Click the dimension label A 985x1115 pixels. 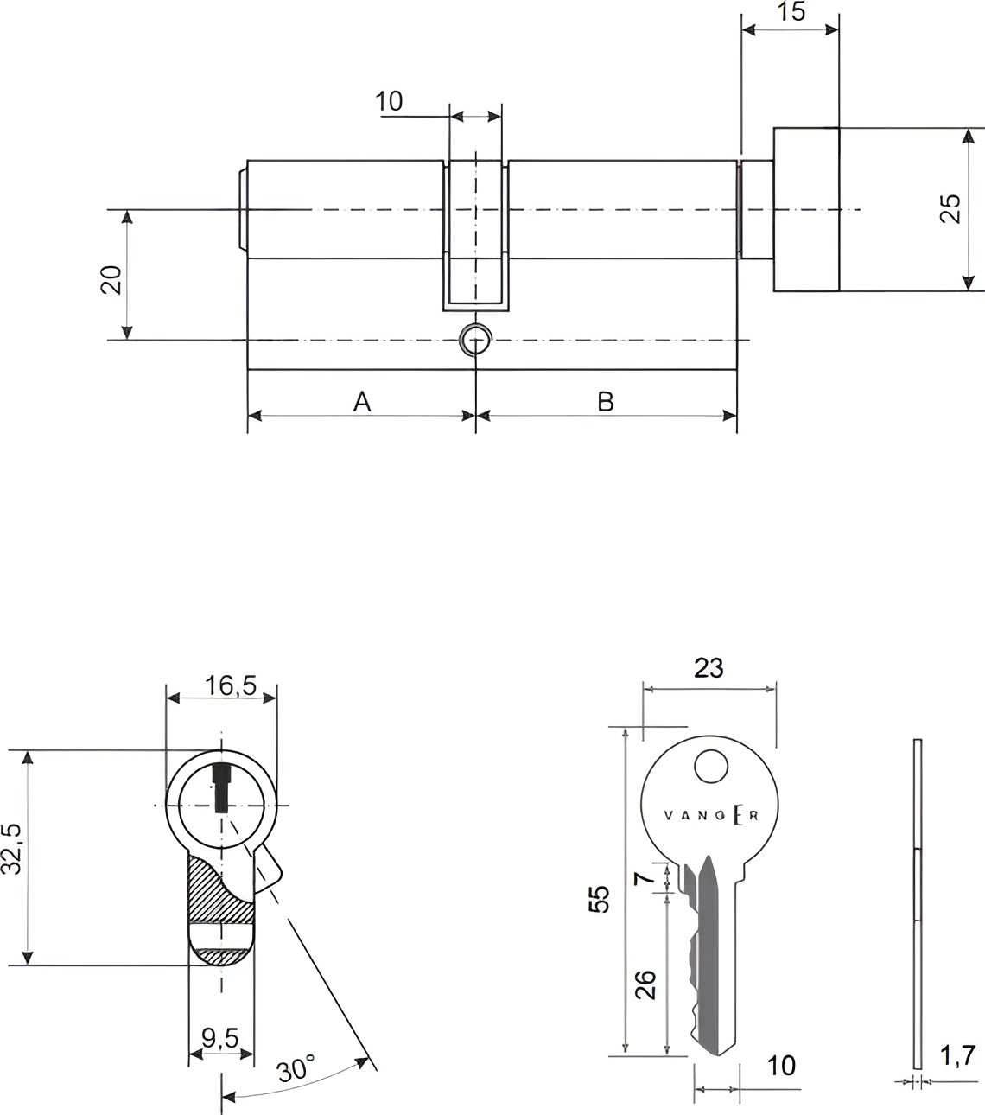tap(362, 401)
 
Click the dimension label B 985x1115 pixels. tap(606, 402)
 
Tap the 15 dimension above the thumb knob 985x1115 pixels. tap(791, 11)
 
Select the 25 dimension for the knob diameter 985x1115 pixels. tap(950, 208)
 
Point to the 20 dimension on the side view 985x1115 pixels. tap(111, 280)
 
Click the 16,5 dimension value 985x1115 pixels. tap(231, 685)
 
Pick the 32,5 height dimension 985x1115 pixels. tap(11, 849)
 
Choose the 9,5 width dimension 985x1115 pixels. tap(220, 1038)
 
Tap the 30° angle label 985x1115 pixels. tap(296, 1068)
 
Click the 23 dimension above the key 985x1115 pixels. tap(709, 667)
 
